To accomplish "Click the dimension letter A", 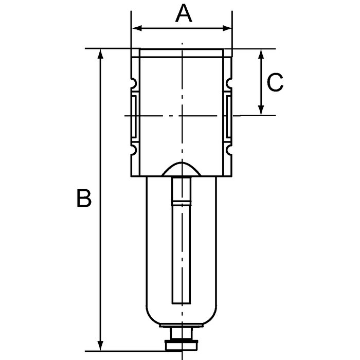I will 184,13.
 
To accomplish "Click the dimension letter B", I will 84,199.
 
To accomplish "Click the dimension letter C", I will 276,83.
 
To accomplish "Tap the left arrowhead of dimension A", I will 135,28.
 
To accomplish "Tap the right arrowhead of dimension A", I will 229,28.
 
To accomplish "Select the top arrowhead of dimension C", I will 262,53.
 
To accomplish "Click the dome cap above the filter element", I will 182,169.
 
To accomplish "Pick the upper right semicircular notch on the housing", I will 229,83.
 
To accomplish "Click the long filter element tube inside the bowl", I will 182,252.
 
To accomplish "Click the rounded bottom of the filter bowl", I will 182,316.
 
